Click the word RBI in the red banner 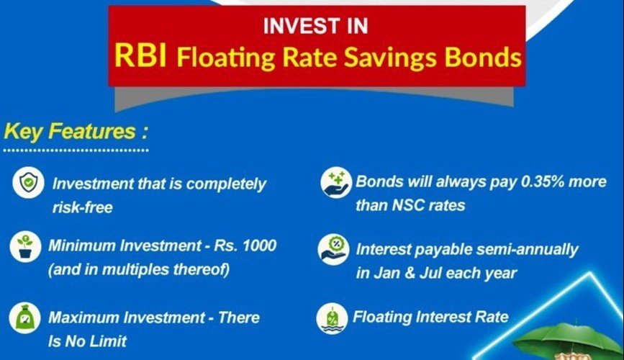point(140,55)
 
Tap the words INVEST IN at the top point(315,27)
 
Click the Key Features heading point(76,132)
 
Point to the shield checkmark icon point(28,182)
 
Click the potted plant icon point(25,246)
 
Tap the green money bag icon point(24,318)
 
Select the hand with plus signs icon point(336,182)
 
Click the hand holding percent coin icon point(333,250)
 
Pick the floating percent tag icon point(332,318)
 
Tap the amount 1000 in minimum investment point(259,246)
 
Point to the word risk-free point(82,207)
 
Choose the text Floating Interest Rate point(430,317)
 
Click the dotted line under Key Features point(76,150)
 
